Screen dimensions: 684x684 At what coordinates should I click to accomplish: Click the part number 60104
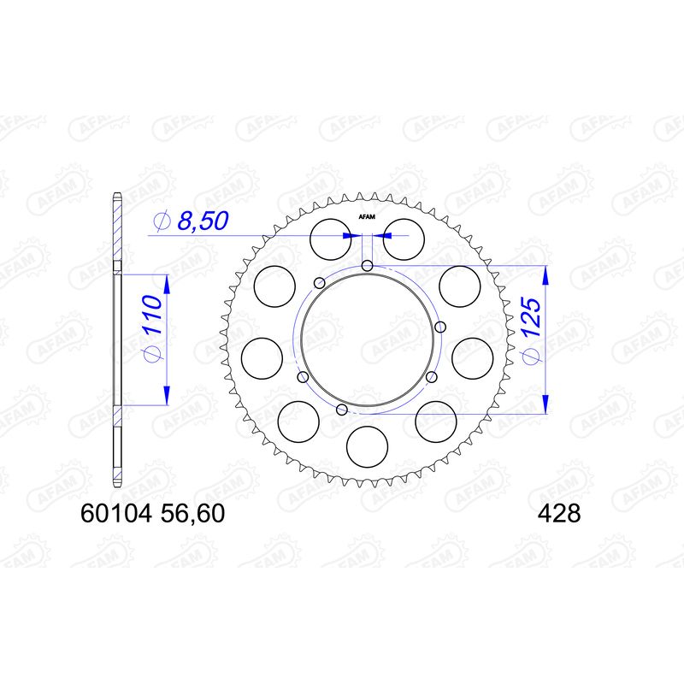(x=115, y=515)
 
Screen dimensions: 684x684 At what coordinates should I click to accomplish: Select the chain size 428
(x=559, y=515)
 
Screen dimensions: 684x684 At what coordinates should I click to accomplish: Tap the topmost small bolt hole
(x=367, y=266)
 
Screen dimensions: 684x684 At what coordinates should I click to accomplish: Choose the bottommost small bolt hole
(x=342, y=411)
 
